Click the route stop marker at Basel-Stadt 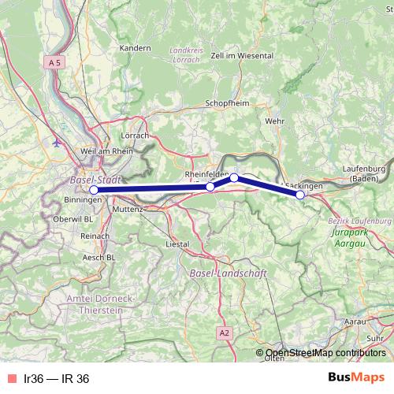point(94,190)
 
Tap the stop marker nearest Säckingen point(300,194)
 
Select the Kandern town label point(135,48)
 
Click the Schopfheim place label point(226,104)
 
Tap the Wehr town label point(275,121)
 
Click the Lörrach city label point(136,136)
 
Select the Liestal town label point(178,244)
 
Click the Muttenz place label point(128,210)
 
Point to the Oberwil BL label point(77,218)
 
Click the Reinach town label point(95,236)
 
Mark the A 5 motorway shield point(54,61)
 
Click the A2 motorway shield point(225,333)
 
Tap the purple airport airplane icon point(56,143)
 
